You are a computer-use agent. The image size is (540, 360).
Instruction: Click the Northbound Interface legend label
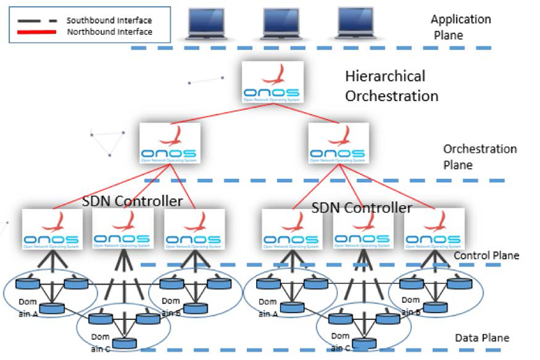click(108, 32)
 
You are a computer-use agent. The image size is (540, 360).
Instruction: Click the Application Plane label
click(460, 27)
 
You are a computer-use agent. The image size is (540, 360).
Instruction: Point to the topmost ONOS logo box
click(272, 83)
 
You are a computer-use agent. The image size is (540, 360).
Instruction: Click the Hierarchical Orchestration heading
click(392, 86)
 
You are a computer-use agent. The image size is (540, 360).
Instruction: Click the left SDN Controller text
click(132, 202)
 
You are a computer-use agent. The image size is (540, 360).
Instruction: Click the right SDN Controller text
click(362, 208)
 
